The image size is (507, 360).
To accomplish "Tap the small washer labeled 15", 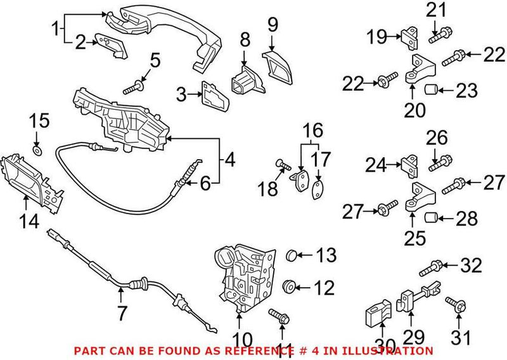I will point(37,151).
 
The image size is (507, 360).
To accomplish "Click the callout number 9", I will point(273,25).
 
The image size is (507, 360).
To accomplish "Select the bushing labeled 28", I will point(430,219).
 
